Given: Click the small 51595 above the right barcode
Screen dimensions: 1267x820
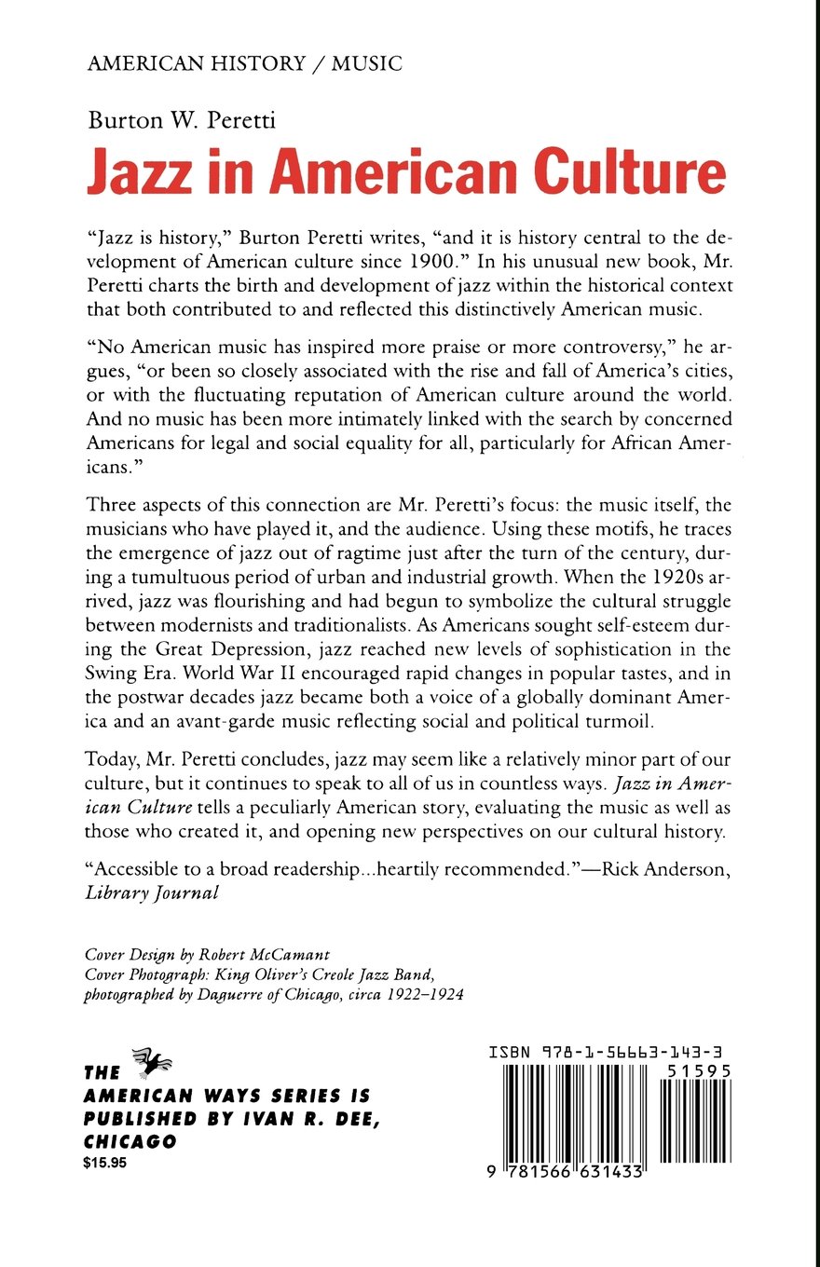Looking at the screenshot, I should click(x=698, y=1071).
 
